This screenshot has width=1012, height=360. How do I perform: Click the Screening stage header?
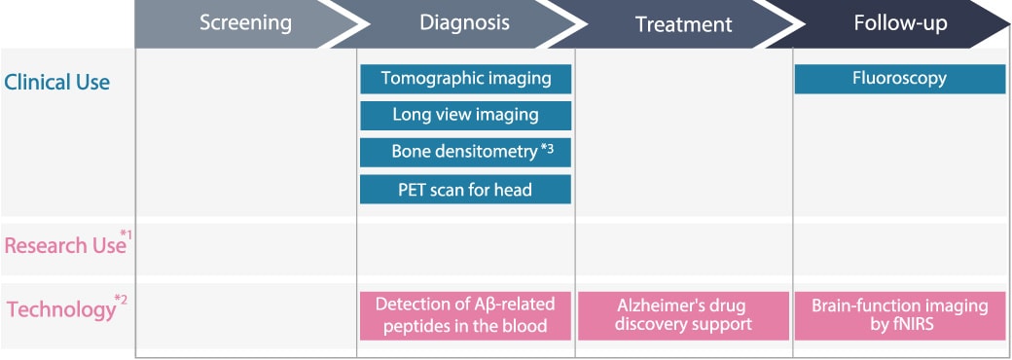(245, 23)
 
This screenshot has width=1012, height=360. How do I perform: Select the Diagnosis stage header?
(465, 23)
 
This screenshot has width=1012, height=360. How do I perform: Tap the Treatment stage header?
(684, 24)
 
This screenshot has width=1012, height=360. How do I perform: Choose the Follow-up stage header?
(900, 23)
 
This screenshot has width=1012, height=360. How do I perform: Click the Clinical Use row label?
(56, 83)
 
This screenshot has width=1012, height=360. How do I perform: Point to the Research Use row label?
(64, 245)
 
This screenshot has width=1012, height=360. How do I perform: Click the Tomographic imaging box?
(465, 79)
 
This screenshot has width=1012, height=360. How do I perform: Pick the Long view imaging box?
(465, 116)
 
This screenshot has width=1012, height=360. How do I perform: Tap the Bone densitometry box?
(465, 152)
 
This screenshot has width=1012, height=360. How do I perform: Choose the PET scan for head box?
(465, 189)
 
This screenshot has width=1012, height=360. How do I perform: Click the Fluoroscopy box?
(900, 79)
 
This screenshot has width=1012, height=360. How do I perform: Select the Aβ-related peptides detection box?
(465, 315)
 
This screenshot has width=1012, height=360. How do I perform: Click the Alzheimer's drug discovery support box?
(683, 315)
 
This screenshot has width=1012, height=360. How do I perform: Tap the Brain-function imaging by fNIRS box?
(900, 315)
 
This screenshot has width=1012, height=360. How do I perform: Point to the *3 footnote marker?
(547, 149)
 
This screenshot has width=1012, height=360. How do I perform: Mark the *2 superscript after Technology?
(122, 299)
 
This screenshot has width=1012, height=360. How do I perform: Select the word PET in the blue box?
(411, 190)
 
